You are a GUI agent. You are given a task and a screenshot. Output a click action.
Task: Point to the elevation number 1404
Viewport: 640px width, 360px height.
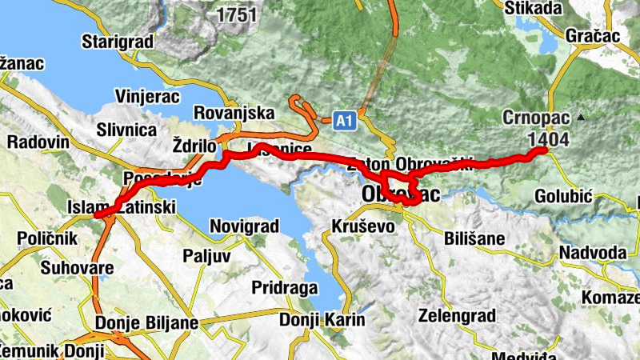tap(549, 138)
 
